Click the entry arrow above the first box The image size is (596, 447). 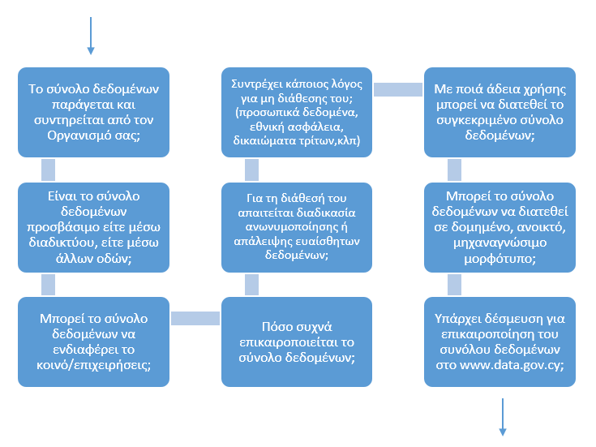(x=91, y=37)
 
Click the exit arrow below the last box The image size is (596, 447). (x=503, y=417)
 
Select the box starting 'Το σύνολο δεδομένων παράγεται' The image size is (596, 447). (x=93, y=112)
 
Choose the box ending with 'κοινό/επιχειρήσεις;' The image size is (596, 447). (x=93, y=342)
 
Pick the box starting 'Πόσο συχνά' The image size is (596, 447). (x=296, y=342)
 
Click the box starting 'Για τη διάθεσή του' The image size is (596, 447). (x=296, y=226)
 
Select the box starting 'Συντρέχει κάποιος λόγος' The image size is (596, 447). (x=296, y=112)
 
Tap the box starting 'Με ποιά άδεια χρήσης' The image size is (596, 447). (x=500, y=112)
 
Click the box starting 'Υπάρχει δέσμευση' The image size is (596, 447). (x=500, y=342)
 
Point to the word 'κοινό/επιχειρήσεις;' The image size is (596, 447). (x=93, y=364)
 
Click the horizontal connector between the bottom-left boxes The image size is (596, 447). (x=195, y=318)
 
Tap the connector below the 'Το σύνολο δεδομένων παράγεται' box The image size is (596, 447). (x=49, y=170)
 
